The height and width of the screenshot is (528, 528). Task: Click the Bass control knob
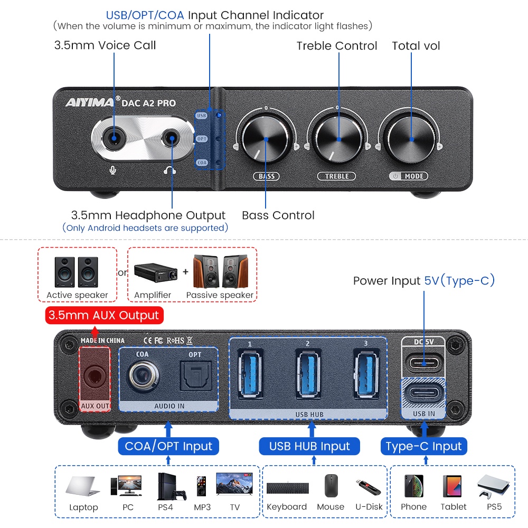tap(266, 139)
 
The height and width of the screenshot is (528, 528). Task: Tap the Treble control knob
tap(338, 139)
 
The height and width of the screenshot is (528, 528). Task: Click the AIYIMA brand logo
tap(89, 103)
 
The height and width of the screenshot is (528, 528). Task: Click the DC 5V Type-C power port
tap(423, 363)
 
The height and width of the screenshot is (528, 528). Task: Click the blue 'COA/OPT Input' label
tap(168, 446)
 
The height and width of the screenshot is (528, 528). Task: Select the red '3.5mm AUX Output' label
tap(103, 316)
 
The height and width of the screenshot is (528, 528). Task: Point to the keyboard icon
tap(287, 488)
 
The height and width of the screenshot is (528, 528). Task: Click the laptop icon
tap(83, 486)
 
